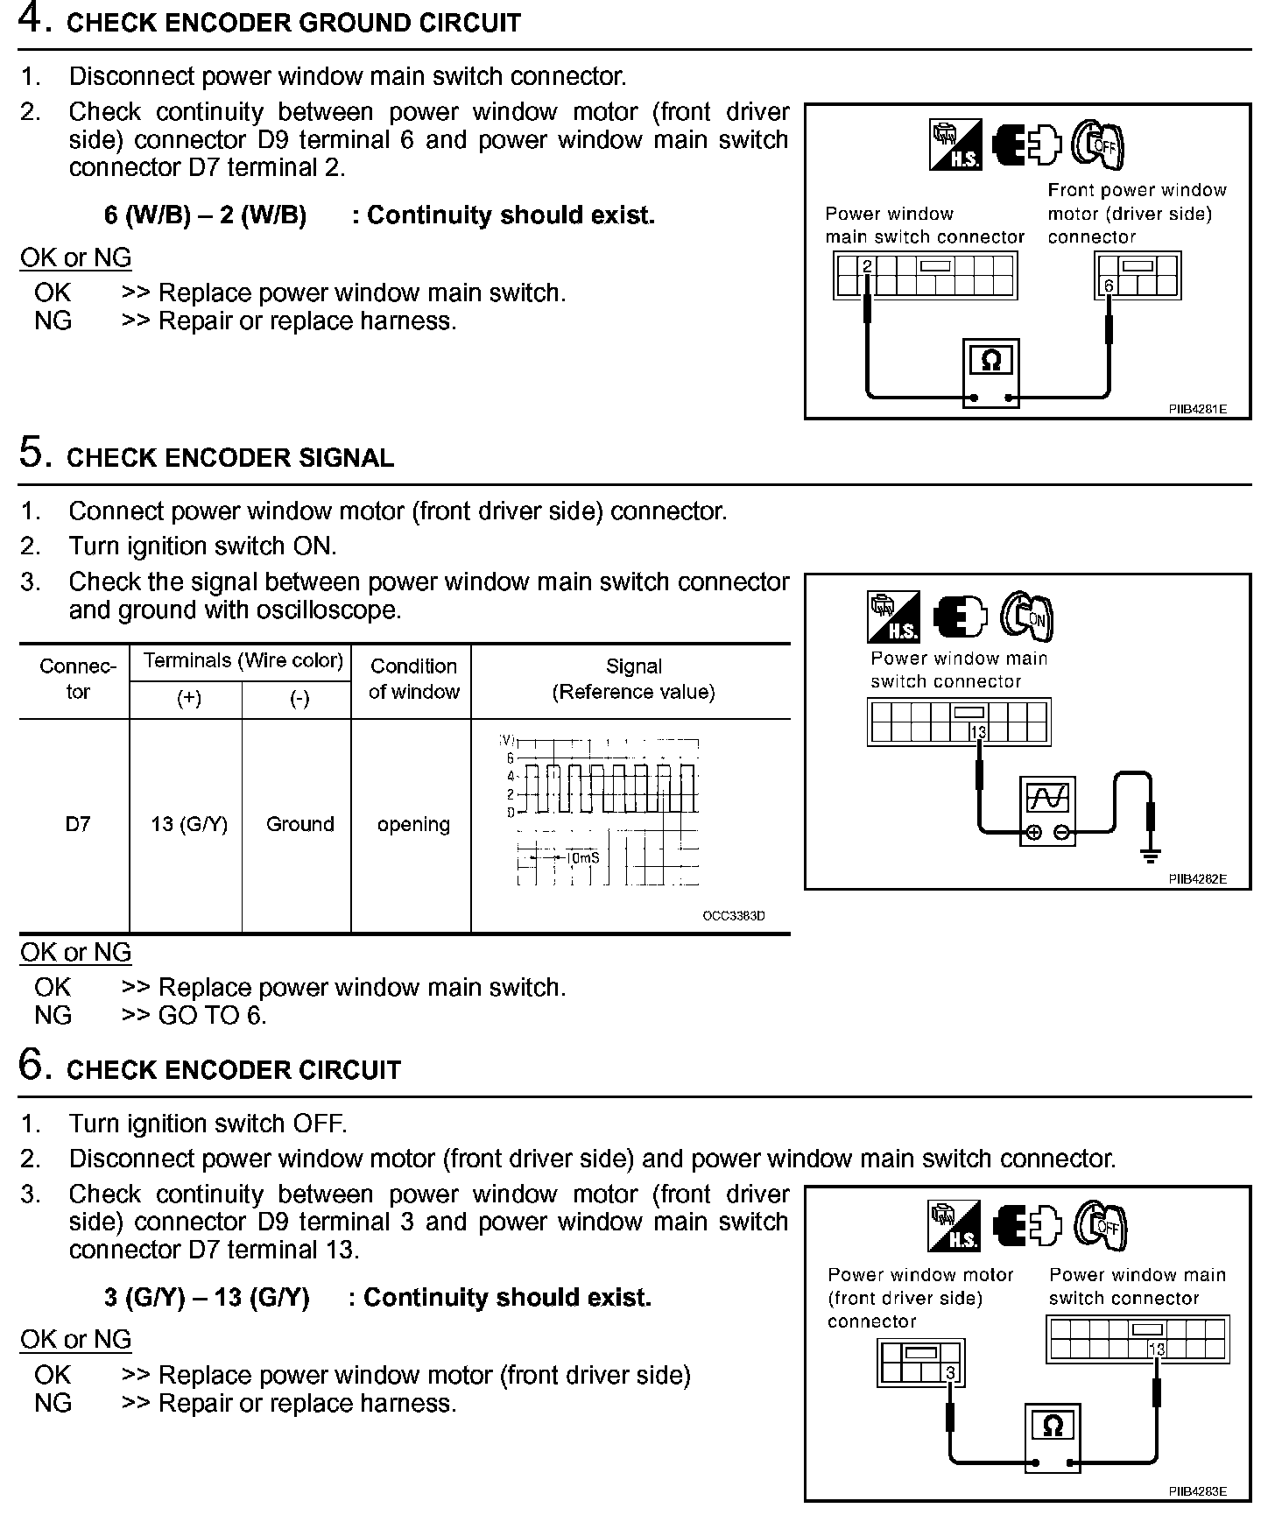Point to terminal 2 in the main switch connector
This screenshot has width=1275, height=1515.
(866, 265)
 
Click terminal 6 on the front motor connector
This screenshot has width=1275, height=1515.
(1109, 285)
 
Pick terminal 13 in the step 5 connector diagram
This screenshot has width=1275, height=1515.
(978, 732)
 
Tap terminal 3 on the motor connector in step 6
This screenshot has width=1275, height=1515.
(951, 1373)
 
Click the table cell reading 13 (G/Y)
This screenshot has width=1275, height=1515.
(189, 824)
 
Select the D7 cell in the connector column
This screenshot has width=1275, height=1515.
(77, 824)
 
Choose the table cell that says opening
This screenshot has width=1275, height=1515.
(413, 824)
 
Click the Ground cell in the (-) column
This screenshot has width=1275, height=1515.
(299, 824)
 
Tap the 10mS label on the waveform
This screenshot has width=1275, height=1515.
(583, 857)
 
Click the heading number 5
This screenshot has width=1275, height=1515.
(32, 454)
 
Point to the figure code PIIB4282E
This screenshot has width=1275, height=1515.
(1197, 879)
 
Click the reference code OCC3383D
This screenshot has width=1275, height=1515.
(734, 916)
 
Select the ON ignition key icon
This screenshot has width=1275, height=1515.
(1027, 617)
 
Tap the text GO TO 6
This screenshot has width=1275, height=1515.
(213, 1015)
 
